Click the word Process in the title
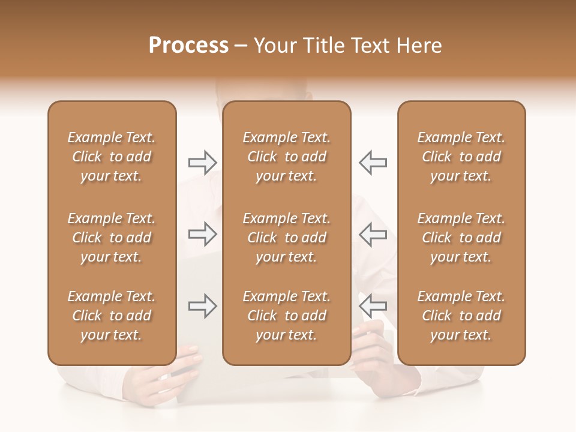188,46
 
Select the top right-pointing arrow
202,163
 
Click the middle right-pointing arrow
202,234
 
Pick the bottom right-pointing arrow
202,306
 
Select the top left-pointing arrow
373,163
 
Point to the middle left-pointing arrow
373,234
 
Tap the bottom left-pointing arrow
373,306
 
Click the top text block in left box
112,157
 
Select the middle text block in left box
112,238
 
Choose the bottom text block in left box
112,316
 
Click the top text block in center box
286,157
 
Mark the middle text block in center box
286,238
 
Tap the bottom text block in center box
286,316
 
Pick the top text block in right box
461,157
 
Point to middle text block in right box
461,238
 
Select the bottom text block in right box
461,316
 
